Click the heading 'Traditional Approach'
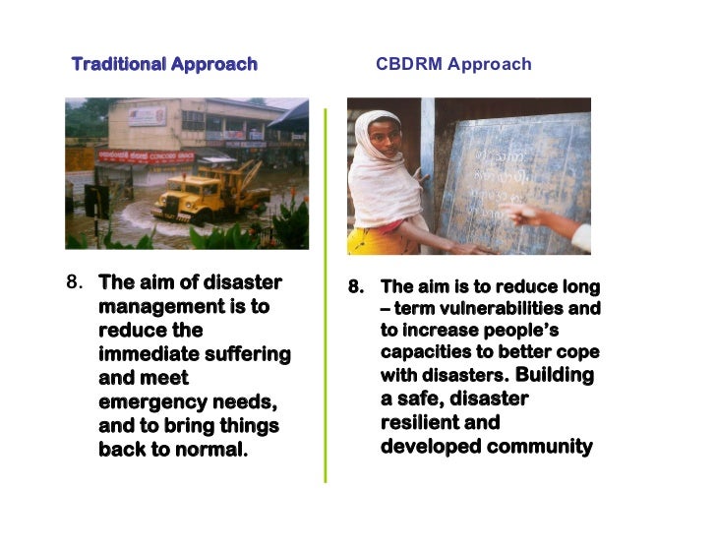click(164, 65)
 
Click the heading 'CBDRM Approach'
click(453, 65)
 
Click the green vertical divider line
click(325, 295)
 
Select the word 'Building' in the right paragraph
click(555, 375)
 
